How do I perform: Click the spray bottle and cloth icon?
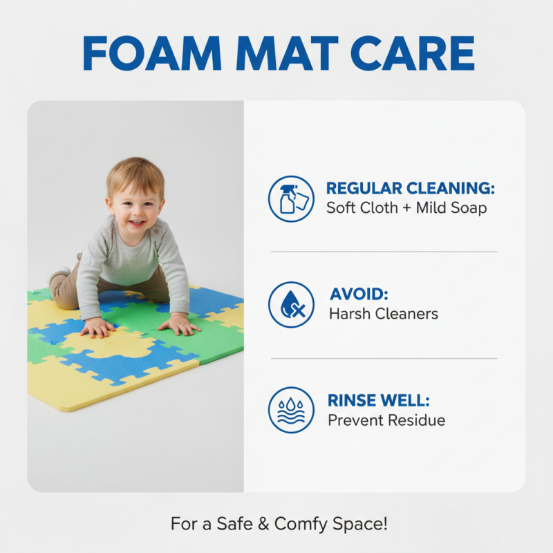[x=291, y=198]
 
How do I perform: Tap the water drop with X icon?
[x=291, y=304]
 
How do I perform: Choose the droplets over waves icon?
[x=291, y=410]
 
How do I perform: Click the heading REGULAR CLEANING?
[x=411, y=189]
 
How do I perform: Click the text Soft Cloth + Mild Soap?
[x=406, y=207]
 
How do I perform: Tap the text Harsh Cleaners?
[x=383, y=314]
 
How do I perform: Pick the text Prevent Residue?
[x=386, y=420]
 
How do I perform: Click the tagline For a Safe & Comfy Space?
[x=279, y=524]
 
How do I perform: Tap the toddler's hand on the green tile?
[x=179, y=324]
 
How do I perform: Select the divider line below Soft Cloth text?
[x=384, y=252]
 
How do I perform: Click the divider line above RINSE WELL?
[x=384, y=358]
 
